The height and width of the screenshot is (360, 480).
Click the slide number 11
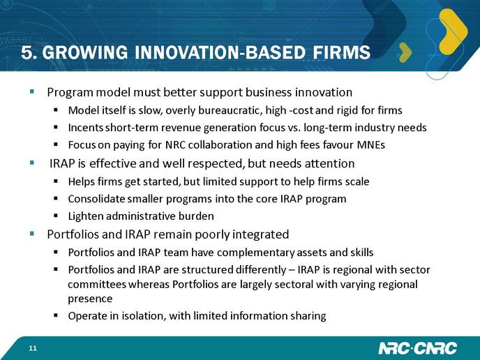33,348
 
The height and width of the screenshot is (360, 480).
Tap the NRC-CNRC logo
417,348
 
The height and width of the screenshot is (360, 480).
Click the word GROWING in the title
85,52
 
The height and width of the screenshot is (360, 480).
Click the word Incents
86,128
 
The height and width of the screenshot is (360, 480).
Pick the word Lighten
86,216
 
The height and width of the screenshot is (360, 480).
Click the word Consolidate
96,199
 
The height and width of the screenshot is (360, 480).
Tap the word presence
90,299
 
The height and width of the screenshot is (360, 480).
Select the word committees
97,285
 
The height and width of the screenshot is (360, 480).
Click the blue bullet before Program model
32,91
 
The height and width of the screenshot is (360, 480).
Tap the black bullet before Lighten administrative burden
56,216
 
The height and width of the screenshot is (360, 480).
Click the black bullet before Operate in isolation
56,315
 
